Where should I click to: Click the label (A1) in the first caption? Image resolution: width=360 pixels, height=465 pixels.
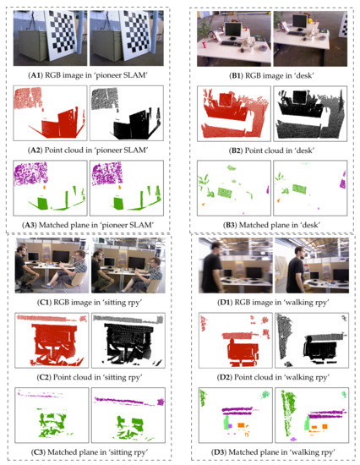(x=33, y=74)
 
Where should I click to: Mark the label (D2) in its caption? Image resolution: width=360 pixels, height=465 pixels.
(x=212, y=377)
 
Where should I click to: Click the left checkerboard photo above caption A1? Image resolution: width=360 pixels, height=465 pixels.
(x=49, y=39)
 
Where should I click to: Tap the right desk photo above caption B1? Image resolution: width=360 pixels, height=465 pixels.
(x=306, y=39)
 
